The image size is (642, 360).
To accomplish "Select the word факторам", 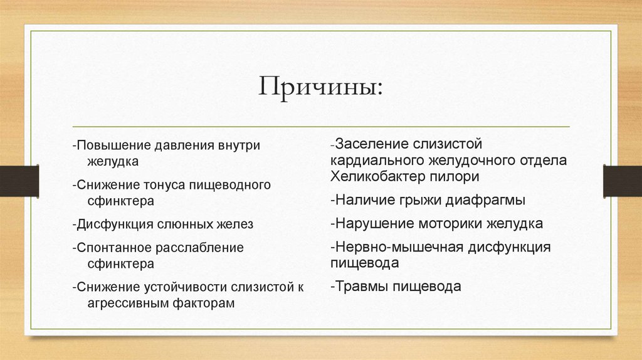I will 202,303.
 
